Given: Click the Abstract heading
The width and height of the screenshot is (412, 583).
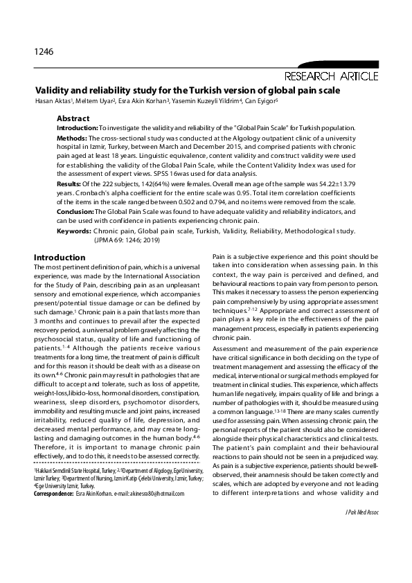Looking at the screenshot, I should [x=73, y=118].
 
